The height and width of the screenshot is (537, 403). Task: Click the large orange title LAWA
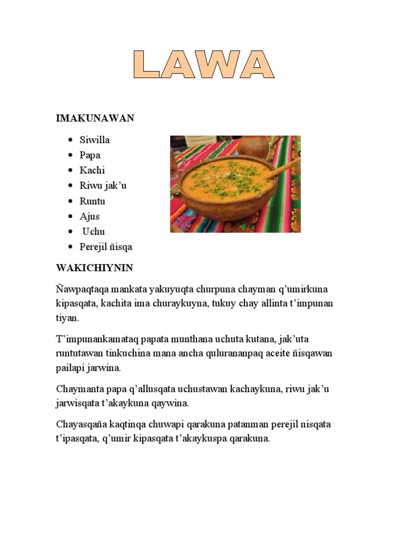pos(204,65)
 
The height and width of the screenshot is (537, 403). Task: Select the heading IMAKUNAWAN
pos(95,119)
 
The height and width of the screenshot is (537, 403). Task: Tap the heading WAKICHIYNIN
pos(94,268)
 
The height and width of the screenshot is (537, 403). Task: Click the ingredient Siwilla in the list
pos(94,140)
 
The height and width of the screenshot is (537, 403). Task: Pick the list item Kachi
pos(92,170)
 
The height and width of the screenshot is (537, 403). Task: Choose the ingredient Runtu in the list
pos(93,201)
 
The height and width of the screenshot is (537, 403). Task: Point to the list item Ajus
pos(90,216)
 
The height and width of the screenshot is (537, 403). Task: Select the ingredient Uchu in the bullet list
pos(93,231)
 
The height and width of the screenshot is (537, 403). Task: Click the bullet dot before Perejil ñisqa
pos(70,247)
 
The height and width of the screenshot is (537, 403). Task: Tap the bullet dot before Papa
pos(70,156)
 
